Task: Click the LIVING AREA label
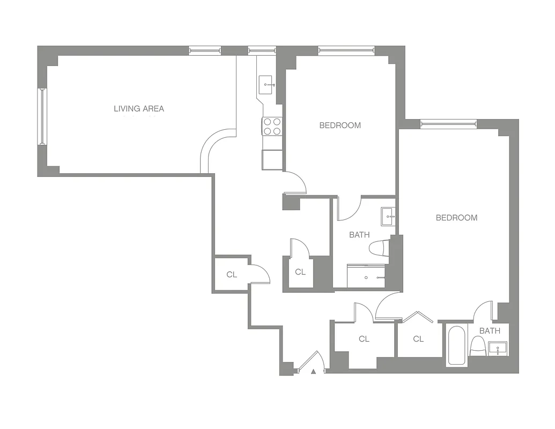coord(139,109)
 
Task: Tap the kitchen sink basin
coord(267,84)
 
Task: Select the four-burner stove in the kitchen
coord(272,126)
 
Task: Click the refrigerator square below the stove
coord(272,160)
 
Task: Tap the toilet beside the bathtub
coord(477,346)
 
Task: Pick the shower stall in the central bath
coord(366,276)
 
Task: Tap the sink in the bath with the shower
coord(388,217)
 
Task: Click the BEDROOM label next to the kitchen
coord(340,125)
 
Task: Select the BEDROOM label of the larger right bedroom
coord(456,218)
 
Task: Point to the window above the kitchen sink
coord(262,51)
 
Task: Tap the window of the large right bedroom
coord(448,124)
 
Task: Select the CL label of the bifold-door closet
coord(418,339)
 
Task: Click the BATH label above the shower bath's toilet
coord(359,235)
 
